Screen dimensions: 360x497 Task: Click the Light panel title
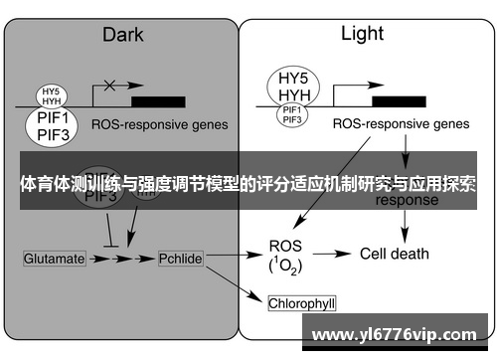pos(362,34)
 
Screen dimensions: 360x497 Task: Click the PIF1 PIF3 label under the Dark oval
pos(48,128)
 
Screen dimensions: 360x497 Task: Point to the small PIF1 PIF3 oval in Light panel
pos(291,116)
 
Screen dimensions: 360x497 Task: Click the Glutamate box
pos(55,259)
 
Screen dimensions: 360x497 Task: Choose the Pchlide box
pos(180,259)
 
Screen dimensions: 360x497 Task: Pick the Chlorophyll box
pos(308,300)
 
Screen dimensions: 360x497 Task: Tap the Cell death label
pos(394,254)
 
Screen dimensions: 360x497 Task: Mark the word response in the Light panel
pos(407,199)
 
